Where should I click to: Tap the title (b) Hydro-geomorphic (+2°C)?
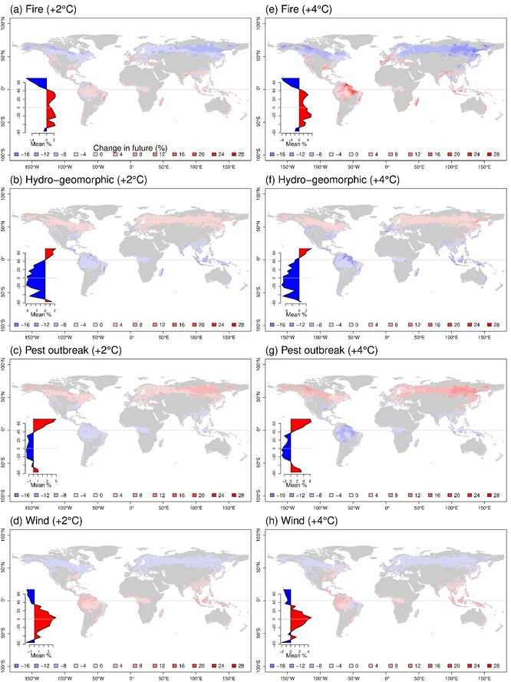[x=63, y=178]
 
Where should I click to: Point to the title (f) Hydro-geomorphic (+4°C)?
[x=316, y=178]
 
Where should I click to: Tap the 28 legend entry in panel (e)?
[x=492, y=154]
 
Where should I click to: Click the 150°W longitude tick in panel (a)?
[x=33, y=164]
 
